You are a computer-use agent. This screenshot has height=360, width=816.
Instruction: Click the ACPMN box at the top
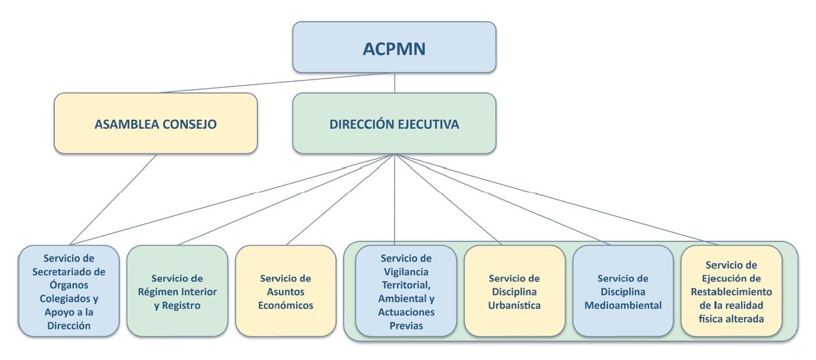[394, 47]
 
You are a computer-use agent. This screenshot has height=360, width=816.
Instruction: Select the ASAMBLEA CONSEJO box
[156, 124]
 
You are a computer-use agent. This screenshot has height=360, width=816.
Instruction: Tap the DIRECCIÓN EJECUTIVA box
[394, 124]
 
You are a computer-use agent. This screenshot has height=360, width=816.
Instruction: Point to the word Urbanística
[514, 306]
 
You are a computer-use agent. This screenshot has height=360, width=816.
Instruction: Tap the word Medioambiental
[623, 306]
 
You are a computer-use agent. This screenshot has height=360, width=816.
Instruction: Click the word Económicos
[286, 306]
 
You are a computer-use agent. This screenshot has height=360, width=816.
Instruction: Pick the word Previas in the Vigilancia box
[406, 325]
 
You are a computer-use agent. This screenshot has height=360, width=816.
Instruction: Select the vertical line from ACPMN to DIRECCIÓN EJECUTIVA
[395, 83]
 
